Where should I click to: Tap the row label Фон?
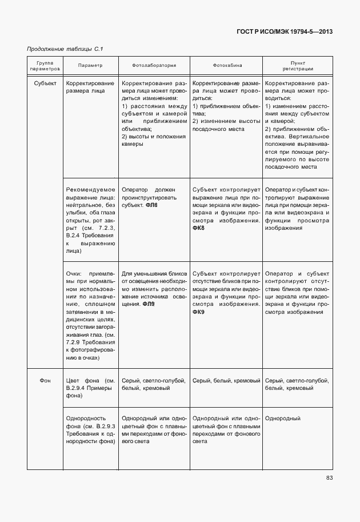point(45,380)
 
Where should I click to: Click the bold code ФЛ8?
point(151,205)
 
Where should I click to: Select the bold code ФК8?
point(198,228)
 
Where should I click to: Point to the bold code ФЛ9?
point(148,304)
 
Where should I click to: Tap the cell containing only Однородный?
point(283,419)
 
